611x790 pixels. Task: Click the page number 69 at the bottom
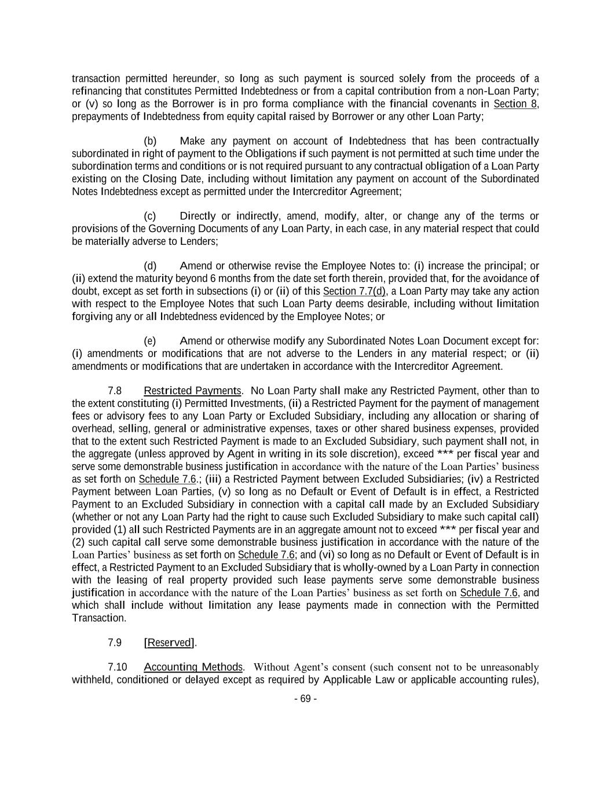[x=305, y=699]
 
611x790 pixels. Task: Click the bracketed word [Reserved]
[x=169, y=642]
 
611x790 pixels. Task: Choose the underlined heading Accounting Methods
[x=193, y=667]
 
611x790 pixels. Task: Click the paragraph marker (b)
[x=150, y=141]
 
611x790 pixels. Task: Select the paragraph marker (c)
[x=150, y=216]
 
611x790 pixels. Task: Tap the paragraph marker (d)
[x=150, y=266]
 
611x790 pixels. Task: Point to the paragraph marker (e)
[x=150, y=341]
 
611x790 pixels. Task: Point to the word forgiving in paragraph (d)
[x=92, y=317]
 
